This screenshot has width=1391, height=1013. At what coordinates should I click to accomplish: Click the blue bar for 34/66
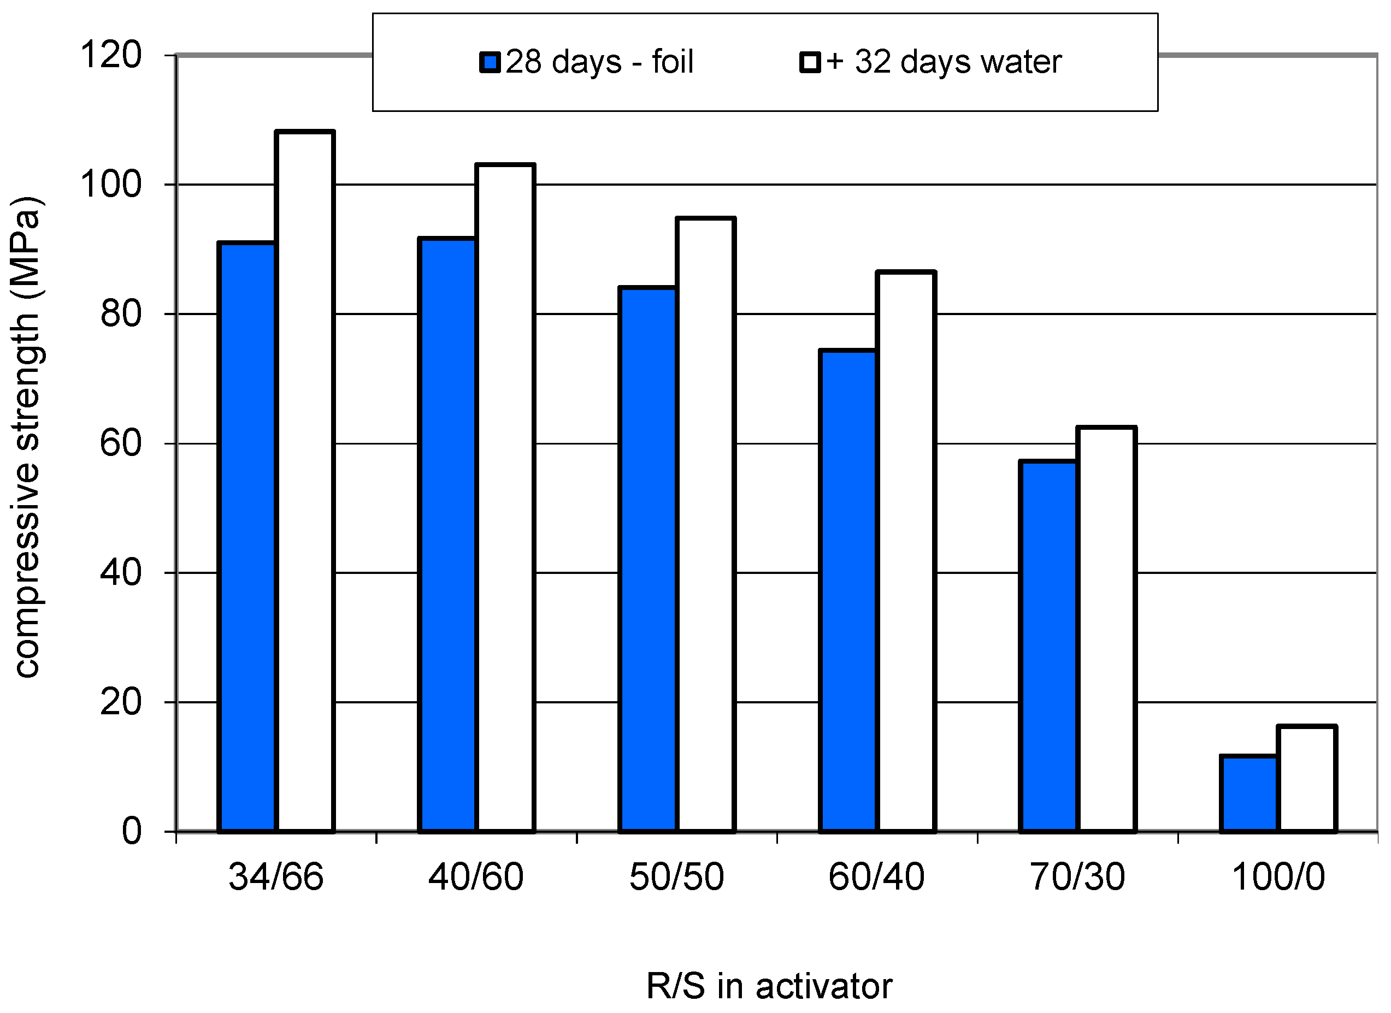pos(247,537)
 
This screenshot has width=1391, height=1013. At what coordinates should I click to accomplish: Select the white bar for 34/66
pos(305,481)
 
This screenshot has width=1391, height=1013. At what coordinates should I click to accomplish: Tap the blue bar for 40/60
pos(447,535)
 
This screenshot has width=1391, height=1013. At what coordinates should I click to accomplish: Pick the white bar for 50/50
pos(705,525)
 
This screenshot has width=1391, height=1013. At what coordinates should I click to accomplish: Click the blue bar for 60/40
pos(849,590)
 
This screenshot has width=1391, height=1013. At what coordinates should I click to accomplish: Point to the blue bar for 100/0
pos(1249,794)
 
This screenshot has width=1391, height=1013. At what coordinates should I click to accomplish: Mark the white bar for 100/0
pos(1307,779)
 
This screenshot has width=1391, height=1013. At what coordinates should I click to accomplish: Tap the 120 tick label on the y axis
pos(111,55)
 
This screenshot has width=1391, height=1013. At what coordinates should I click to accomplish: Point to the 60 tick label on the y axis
pos(120,443)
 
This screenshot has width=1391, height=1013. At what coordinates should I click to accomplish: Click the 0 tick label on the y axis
pos(131,832)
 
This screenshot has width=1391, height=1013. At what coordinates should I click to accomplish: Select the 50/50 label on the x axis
pos(676,877)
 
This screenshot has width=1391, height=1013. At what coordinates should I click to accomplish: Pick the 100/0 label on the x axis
pos(1278,877)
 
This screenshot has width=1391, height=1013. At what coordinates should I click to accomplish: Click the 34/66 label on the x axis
pos(275,877)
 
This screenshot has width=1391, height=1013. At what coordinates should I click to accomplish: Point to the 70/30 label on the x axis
pos(1077,877)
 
